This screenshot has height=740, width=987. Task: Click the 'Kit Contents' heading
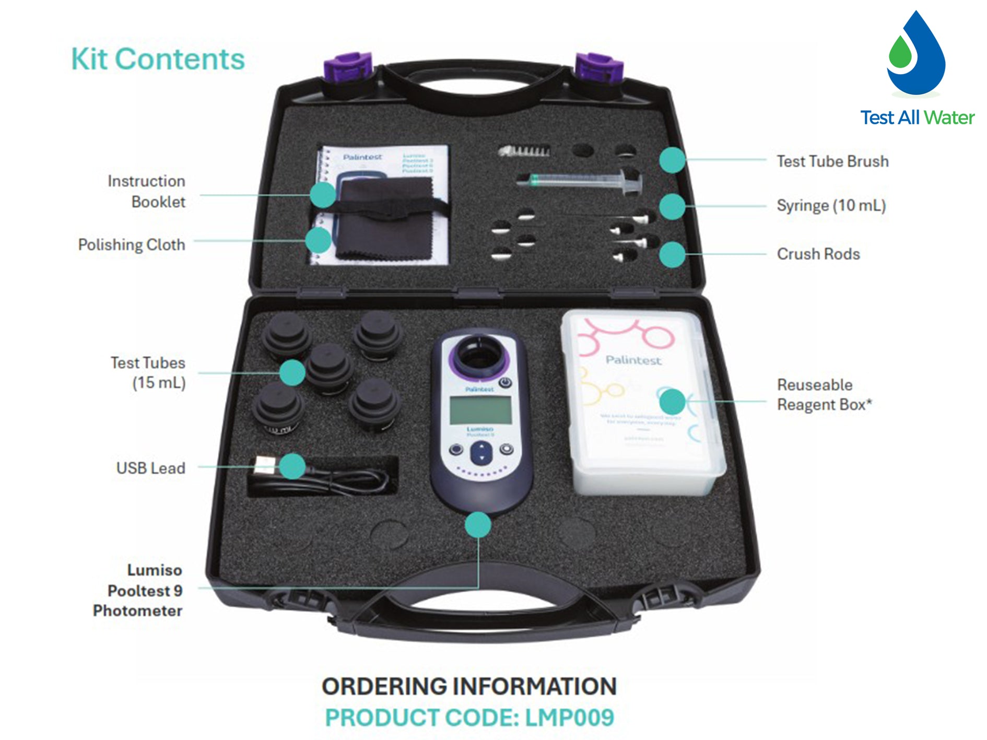pyautogui.click(x=158, y=59)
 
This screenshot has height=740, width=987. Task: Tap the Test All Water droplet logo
pyautogui.click(x=916, y=55)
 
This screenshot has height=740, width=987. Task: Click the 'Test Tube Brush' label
pyautogui.click(x=832, y=161)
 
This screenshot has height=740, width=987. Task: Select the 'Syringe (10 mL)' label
pyautogui.click(x=831, y=206)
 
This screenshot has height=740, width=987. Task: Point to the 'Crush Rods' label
pyautogui.click(x=818, y=254)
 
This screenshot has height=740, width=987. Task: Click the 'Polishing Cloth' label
pyautogui.click(x=132, y=244)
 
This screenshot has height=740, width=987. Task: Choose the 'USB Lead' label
pyautogui.click(x=150, y=468)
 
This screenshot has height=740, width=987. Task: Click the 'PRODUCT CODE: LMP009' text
pyautogui.click(x=469, y=717)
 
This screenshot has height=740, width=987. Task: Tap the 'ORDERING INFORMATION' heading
pyautogui.click(x=469, y=686)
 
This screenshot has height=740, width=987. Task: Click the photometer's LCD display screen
pyautogui.click(x=480, y=410)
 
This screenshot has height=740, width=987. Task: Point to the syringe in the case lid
pyautogui.click(x=580, y=181)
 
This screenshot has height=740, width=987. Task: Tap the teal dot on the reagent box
pyautogui.click(x=672, y=402)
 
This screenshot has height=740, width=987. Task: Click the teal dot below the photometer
pyautogui.click(x=478, y=524)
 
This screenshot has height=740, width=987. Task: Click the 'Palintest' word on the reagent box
pyautogui.click(x=633, y=360)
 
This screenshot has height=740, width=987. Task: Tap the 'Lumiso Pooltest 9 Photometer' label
pyautogui.click(x=138, y=590)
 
